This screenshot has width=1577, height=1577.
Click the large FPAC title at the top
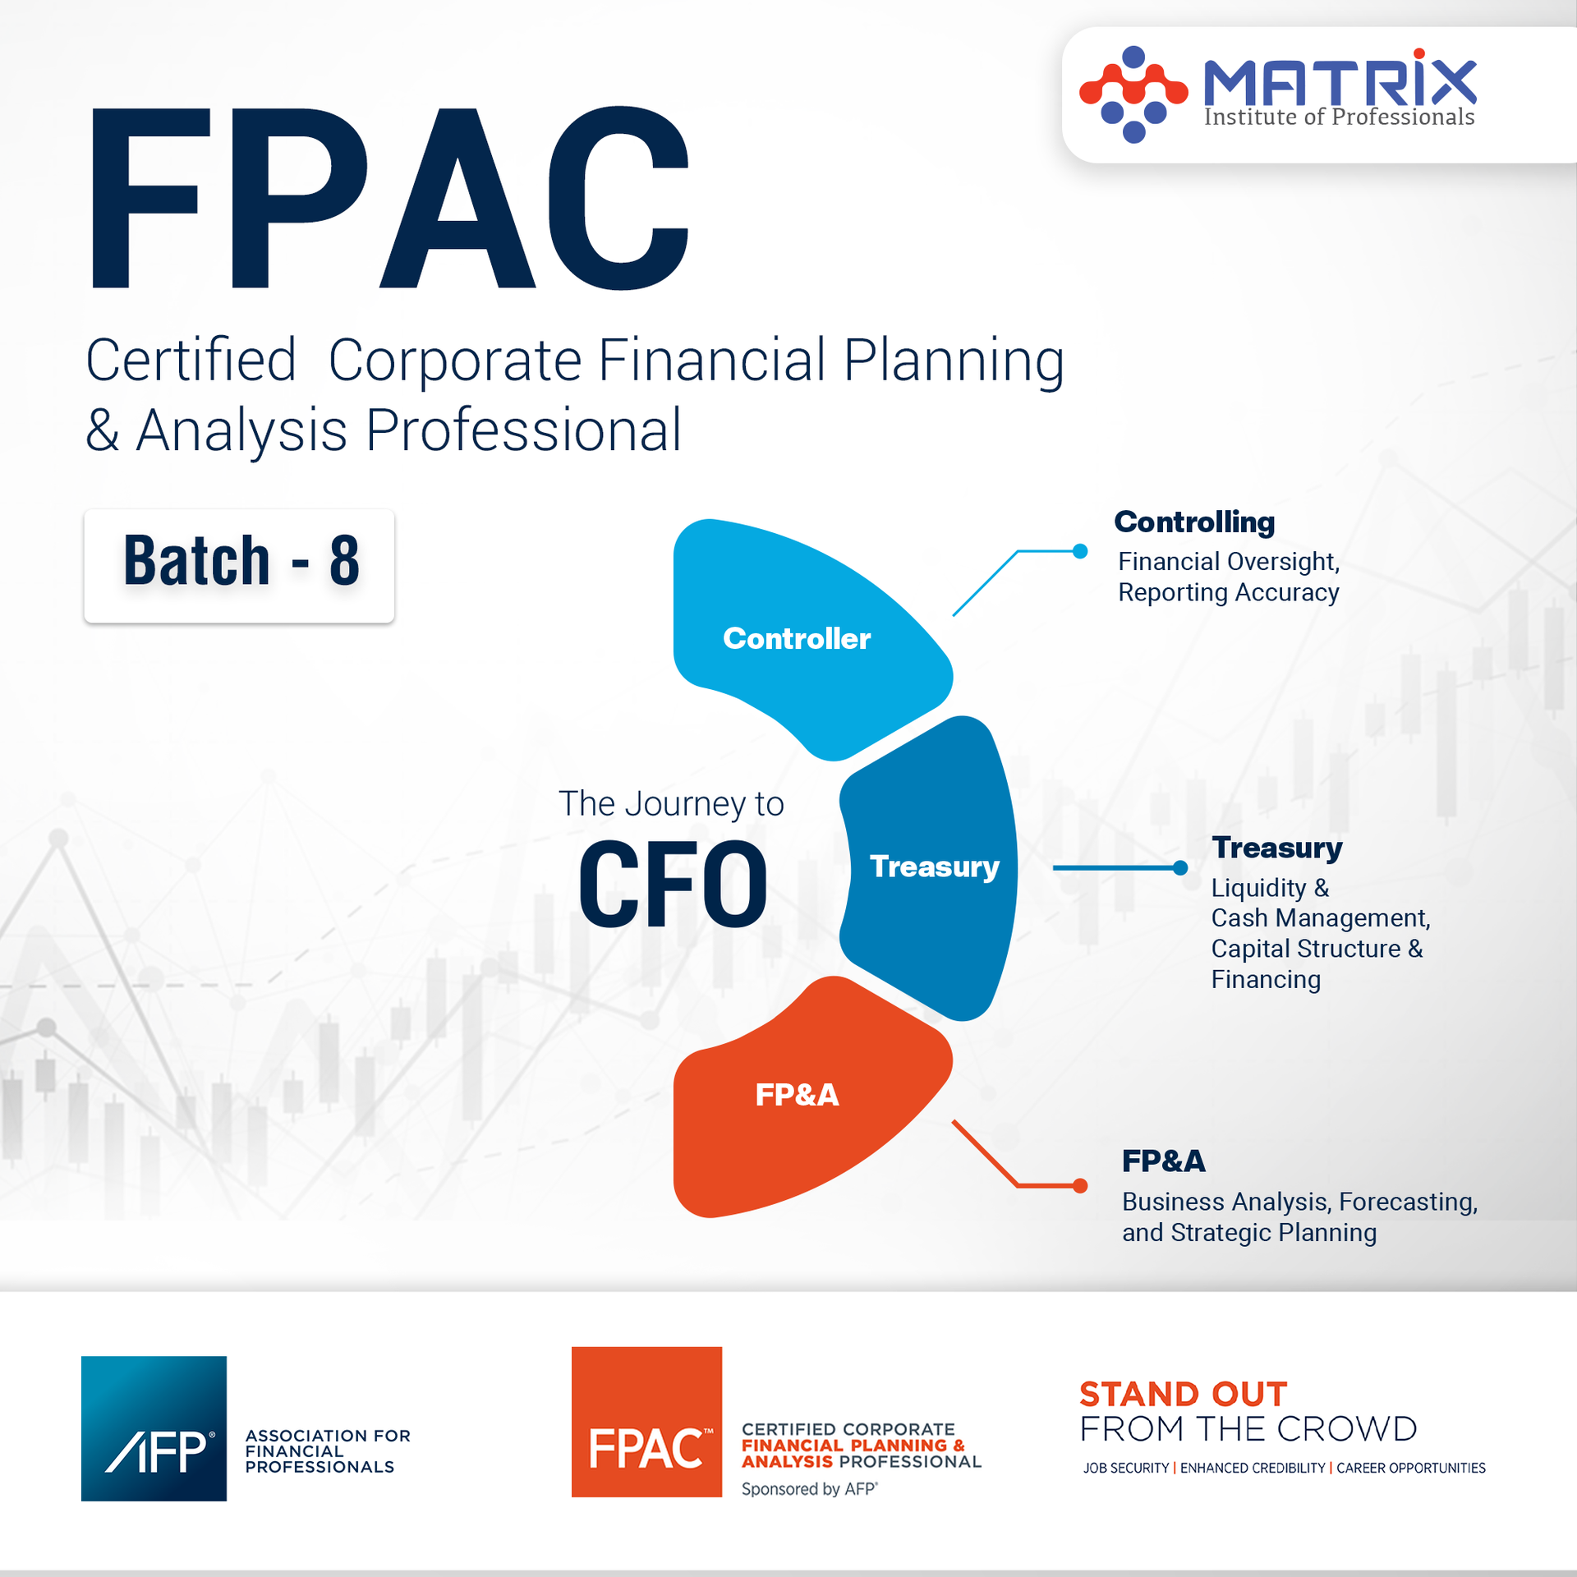tap(390, 199)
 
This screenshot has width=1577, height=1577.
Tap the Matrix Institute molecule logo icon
tap(1133, 94)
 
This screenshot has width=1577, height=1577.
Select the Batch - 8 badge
tap(239, 565)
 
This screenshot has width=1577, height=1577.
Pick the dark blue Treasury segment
tap(934, 867)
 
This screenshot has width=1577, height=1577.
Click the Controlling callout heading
tap(1194, 522)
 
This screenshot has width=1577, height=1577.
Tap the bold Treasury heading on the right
tap(1276, 848)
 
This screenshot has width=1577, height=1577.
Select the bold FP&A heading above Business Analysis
tap(1163, 1161)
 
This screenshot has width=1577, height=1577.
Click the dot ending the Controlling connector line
tap(1080, 551)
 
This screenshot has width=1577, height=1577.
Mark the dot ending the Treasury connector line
tap(1180, 867)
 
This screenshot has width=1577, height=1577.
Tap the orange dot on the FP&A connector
tap(1080, 1185)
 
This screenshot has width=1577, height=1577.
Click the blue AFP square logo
tap(154, 1428)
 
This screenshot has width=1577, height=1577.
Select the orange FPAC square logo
tap(646, 1422)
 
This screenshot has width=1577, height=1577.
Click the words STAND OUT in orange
tap(1183, 1394)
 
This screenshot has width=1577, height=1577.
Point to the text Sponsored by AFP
tap(809, 1489)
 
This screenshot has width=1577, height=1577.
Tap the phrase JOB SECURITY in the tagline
tap(1125, 1468)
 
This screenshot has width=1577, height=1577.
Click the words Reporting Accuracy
tap(1228, 592)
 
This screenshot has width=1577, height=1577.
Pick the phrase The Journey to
tap(671, 803)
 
